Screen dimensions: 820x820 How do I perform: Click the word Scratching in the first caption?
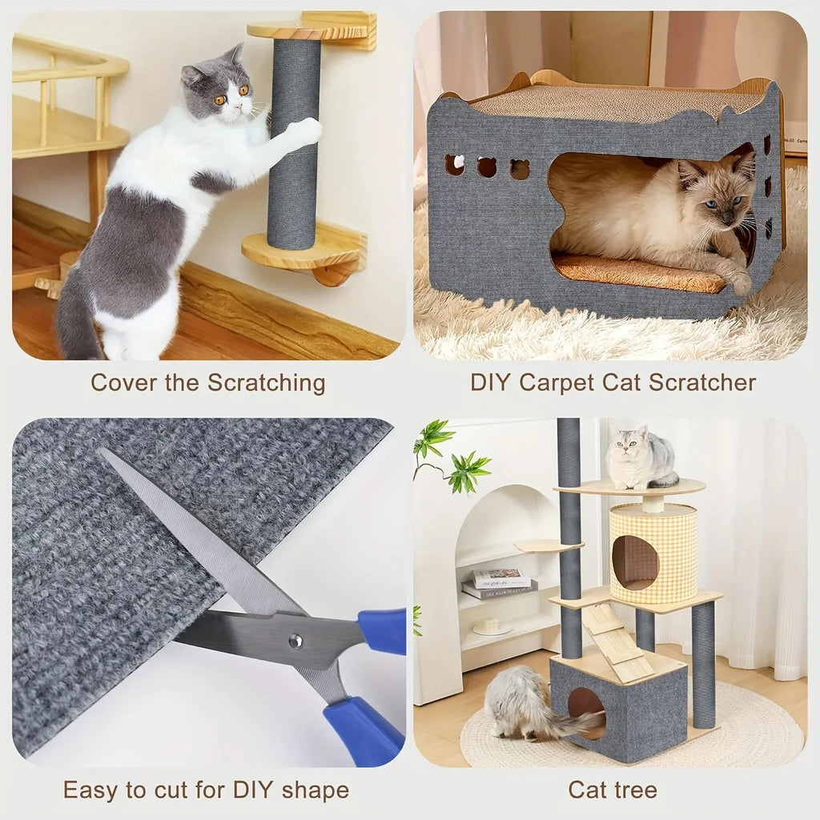coord(266,383)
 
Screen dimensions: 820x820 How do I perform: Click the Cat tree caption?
coord(612,790)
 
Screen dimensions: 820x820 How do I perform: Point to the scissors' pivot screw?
coord(295,640)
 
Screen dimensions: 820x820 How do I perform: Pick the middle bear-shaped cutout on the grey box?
coord(487,167)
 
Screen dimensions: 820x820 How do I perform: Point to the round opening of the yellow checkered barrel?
coord(635,562)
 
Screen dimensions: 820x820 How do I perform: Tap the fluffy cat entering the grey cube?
coord(529,702)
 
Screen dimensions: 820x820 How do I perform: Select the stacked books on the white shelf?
coord(498,583)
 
